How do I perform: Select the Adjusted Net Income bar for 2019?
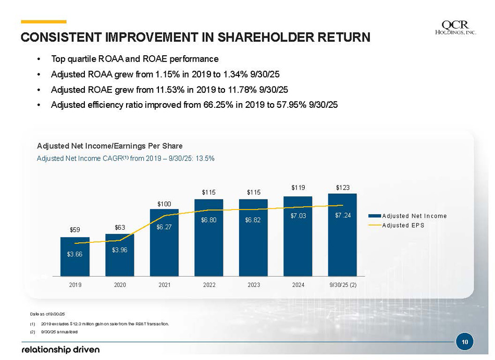point(75,256)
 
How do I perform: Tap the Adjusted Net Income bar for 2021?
point(164,242)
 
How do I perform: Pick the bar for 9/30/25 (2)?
point(342,234)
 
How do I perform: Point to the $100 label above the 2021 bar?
point(164,203)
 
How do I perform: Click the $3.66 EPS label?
point(75,254)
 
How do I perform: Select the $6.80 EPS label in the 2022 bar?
point(209,220)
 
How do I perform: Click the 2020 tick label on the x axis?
point(120,285)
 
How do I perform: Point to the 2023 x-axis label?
point(253,285)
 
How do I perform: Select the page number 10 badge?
point(464,342)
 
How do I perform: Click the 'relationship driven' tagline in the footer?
point(60,349)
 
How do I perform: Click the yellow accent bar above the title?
point(44,21)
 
